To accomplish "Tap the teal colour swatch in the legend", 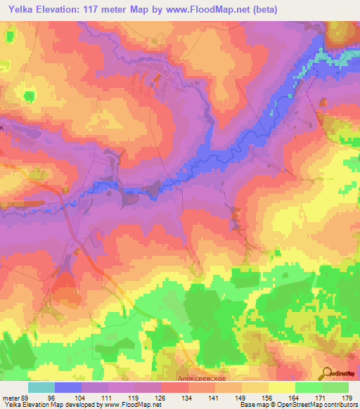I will click(41, 387).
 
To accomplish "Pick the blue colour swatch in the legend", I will click(67, 387).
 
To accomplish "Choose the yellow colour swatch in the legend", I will click(281, 387).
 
